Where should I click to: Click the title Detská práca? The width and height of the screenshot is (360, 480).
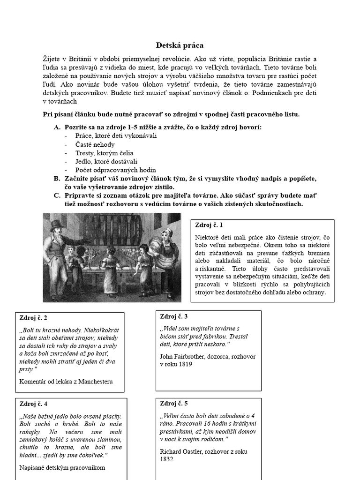(180, 45)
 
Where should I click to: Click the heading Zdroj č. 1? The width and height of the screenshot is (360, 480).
(209, 225)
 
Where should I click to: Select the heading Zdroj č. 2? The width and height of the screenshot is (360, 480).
(33, 318)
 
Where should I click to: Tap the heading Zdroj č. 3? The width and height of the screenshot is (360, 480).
(174, 316)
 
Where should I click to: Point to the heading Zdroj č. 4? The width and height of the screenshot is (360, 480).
(33, 404)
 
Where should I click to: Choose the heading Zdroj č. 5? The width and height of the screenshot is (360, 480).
(174, 403)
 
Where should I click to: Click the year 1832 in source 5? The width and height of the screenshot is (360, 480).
(167, 459)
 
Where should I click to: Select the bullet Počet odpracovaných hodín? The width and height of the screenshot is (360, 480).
(115, 170)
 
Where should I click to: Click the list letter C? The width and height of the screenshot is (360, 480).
(57, 195)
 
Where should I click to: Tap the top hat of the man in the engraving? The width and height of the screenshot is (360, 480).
(57, 224)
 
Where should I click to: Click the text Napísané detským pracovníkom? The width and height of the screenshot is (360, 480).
(62, 467)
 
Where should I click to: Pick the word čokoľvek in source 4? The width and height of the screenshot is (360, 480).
(91, 455)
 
